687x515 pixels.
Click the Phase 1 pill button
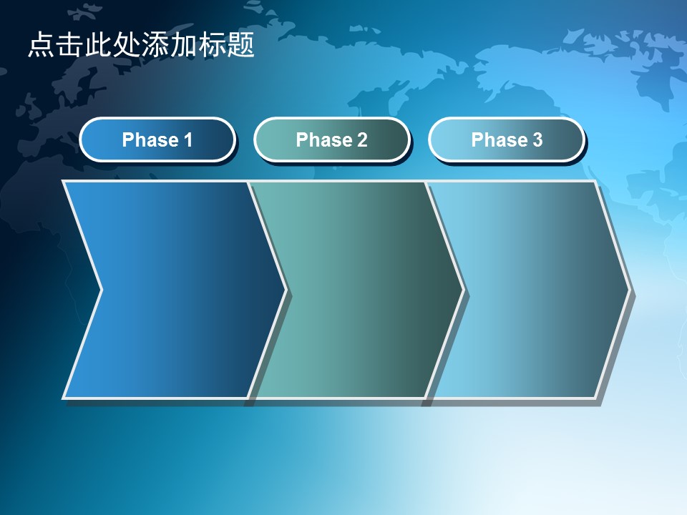[x=157, y=139]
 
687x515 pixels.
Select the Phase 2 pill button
[x=331, y=139]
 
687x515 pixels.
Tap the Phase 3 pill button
[x=507, y=139]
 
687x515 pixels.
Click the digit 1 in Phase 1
[x=188, y=140]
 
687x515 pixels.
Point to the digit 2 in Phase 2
[x=362, y=140]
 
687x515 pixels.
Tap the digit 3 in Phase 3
[x=537, y=140]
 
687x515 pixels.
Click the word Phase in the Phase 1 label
[x=150, y=140]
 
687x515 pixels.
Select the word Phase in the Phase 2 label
[x=324, y=140]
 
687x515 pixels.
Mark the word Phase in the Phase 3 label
[x=500, y=140]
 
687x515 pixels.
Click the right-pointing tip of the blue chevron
[x=286, y=290]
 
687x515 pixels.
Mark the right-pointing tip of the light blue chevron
[x=630, y=290]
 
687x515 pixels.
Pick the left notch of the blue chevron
[x=102, y=290]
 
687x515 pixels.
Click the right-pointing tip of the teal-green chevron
[x=464, y=290]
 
